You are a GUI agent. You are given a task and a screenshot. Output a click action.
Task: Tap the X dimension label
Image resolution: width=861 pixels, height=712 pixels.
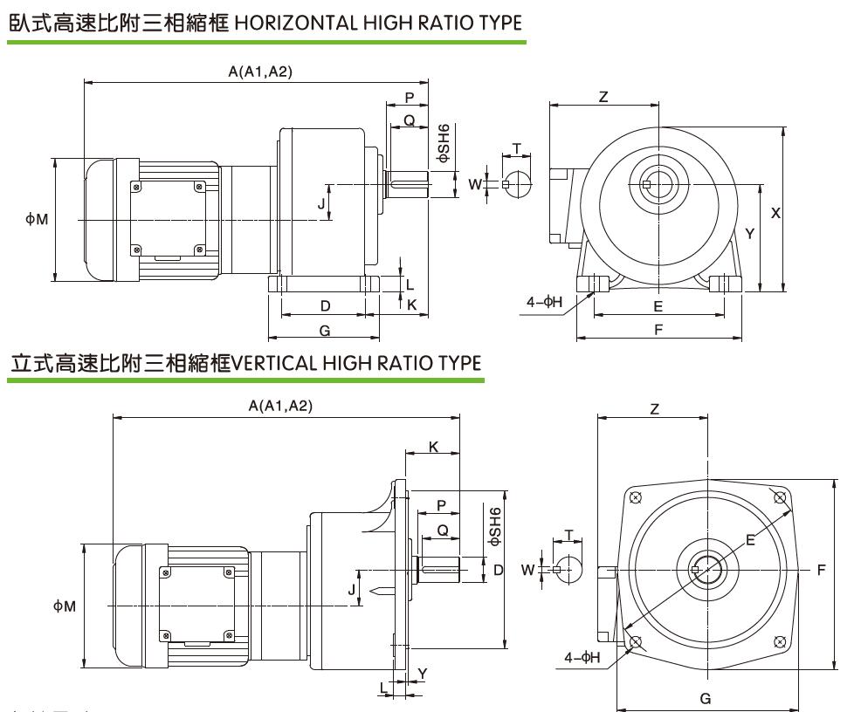775,212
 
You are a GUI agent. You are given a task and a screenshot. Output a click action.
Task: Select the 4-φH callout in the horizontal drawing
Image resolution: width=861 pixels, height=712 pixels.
545,302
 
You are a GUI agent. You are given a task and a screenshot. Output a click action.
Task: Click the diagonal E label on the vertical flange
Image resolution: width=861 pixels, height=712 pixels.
749,540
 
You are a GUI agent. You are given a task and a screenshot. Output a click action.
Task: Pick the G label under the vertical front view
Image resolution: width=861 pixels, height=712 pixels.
706,698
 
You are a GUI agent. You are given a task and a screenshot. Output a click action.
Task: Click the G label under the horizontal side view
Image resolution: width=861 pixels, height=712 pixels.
324,331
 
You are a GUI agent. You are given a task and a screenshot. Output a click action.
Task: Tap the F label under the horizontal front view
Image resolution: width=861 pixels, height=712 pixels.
658,330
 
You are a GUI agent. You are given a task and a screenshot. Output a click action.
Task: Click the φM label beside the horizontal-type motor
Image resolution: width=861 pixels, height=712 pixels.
37,220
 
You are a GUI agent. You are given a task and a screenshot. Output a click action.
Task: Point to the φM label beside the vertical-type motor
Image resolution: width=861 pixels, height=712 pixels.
65,605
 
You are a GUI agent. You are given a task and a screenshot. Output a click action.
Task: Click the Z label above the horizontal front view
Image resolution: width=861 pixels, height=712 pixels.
603,97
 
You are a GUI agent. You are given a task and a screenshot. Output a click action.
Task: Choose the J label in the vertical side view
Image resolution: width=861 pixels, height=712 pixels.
352,589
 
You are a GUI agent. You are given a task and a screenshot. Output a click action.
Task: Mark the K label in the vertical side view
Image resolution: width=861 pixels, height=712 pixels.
432,447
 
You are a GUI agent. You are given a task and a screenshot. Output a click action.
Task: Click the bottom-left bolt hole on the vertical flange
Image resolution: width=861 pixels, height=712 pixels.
635,643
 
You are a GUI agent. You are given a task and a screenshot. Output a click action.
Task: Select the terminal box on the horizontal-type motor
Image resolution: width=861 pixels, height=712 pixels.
168,220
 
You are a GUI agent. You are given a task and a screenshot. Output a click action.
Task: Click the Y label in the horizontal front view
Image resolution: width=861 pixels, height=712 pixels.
749,234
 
